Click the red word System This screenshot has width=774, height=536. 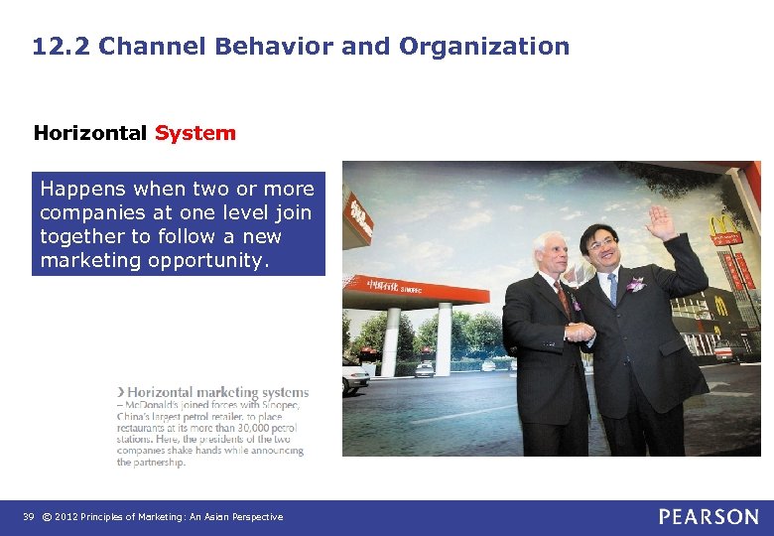coord(195,133)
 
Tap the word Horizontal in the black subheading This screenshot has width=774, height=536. coord(89,133)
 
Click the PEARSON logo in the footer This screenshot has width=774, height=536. coord(709,516)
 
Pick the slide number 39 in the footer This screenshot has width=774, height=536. coord(28,517)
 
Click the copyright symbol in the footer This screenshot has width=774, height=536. coord(47,517)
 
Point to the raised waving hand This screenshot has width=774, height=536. coord(659,221)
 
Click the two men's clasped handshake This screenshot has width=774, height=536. coord(580,333)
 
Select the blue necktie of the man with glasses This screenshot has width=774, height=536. coord(613,289)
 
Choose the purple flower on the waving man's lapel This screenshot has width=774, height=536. coord(635,284)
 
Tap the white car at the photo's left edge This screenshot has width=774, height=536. coord(354,378)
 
